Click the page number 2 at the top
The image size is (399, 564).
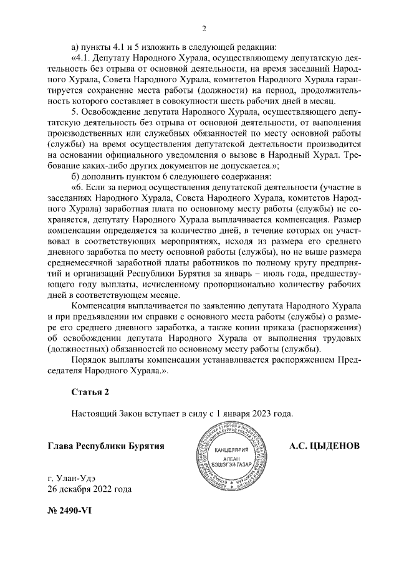pos(204,28)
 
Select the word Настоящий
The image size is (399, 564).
pos(93,413)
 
